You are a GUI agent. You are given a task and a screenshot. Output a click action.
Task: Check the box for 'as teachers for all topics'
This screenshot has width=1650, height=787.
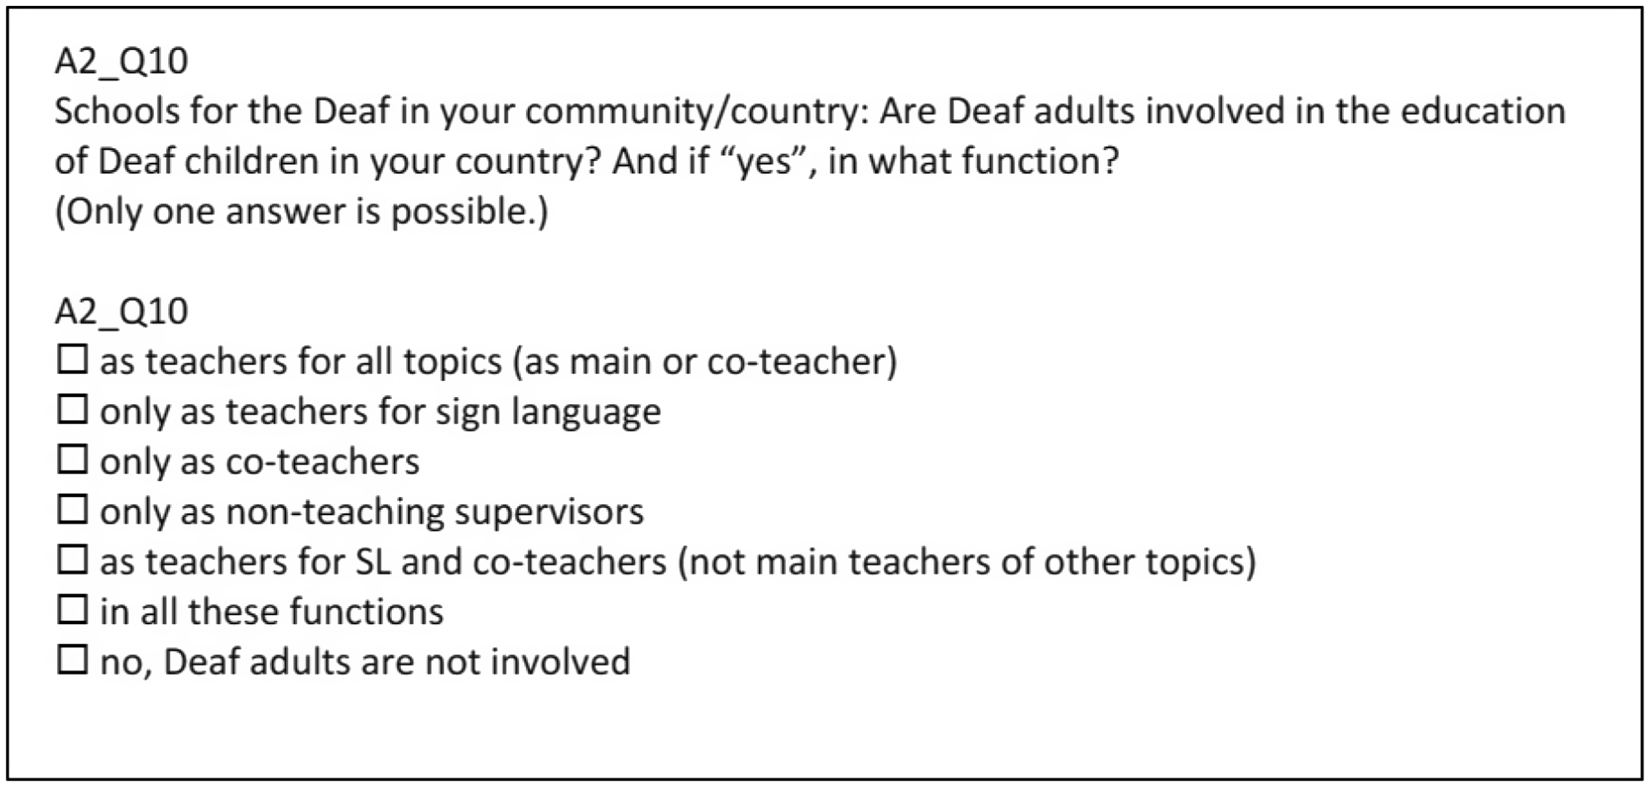click(x=73, y=359)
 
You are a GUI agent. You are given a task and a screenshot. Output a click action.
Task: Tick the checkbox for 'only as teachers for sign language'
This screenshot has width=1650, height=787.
click(x=73, y=409)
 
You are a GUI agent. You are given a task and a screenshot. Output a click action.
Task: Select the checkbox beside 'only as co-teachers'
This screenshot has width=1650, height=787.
click(x=73, y=459)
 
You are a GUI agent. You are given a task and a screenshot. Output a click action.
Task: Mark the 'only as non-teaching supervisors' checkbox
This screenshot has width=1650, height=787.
click(x=73, y=509)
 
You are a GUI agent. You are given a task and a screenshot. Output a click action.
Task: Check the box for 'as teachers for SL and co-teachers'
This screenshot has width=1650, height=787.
click(x=73, y=559)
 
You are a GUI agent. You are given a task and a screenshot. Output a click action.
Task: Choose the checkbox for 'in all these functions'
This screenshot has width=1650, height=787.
click(x=73, y=609)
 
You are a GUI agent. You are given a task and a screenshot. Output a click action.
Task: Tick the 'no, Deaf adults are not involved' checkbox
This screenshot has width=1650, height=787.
click(x=73, y=659)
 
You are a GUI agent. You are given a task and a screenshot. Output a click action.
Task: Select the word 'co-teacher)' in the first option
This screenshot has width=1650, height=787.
click(x=802, y=362)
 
